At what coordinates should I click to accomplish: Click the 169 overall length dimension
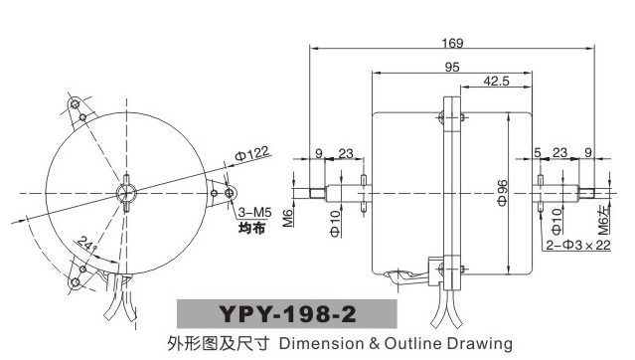tap(452, 43)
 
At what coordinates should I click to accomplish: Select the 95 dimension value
tap(452, 67)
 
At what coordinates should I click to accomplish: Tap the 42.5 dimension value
tap(496, 82)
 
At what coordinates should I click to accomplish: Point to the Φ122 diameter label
tap(251, 154)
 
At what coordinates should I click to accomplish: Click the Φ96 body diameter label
tap(502, 193)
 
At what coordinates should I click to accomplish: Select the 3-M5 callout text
tap(254, 212)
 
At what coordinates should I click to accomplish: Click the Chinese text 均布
tap(251, 228)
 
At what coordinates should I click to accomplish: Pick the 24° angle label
tap(86, 244)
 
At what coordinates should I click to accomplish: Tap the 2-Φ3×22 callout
tap(578, 245)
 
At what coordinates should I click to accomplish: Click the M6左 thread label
tap(603, 220)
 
